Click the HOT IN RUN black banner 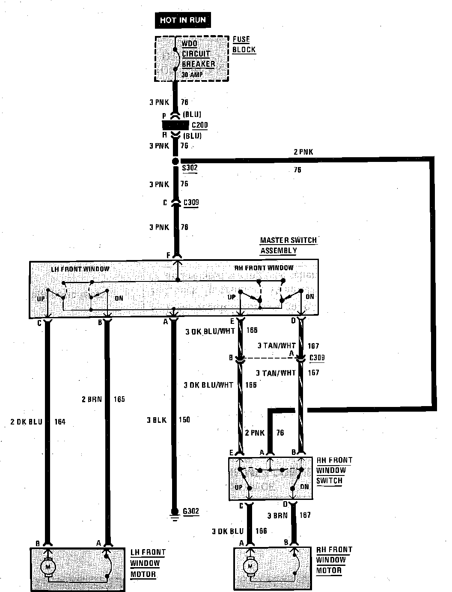[x=183, y=20]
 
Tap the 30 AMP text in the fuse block [x=192, y=75]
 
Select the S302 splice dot [x=175, y=161]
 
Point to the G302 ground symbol [x=174, y=512]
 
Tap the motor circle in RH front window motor [x=250, y=567]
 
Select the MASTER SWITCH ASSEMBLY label [x=288, y=245]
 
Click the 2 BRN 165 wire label [x=103, y=399]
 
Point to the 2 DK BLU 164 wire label [x=38, y=422]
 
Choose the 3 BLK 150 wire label [x=168, y=420]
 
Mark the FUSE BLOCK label [x=244, y=44]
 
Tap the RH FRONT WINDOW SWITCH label [x=334, y=470]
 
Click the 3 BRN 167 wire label [x=289, y=515]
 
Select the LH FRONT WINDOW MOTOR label [x=147, y=563]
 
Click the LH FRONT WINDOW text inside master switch [x=80, y=269]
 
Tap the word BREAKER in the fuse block [x=198, y=64]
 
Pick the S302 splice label [x=190, y=168]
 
